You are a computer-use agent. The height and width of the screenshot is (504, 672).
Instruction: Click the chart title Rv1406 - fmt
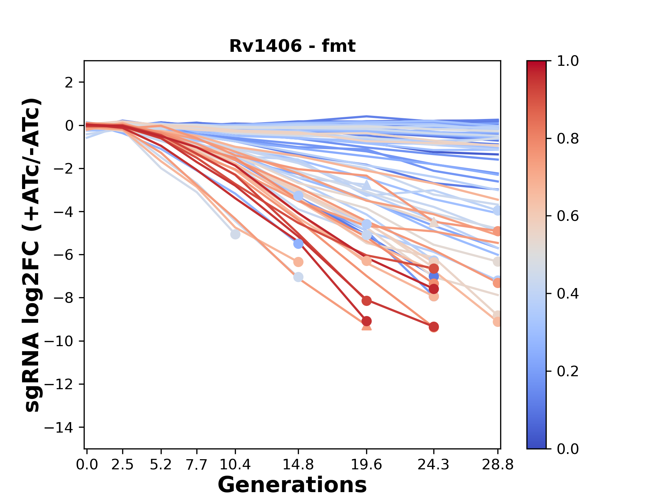pos(292,46)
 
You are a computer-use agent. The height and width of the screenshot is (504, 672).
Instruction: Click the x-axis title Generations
pos(292,485)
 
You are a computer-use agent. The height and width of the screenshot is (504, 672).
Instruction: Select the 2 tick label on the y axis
pos(69,83)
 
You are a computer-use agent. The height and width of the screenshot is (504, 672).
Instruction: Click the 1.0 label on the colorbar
pos(568,61)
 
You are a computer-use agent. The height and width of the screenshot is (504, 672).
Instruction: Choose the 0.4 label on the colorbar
pos(568,294)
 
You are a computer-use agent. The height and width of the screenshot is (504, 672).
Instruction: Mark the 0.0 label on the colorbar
pos(568,449)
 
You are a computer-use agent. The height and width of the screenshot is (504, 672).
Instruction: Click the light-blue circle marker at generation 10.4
pos(235,234)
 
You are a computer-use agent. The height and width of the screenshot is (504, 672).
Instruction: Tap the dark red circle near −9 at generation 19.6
pos(366,321)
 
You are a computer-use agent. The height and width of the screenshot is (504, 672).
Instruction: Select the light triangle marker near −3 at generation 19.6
pos(366,185)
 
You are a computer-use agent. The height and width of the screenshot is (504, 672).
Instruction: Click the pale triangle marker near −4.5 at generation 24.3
pos(434,222)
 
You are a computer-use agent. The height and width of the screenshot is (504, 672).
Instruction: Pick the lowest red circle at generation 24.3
pos(434,327)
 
